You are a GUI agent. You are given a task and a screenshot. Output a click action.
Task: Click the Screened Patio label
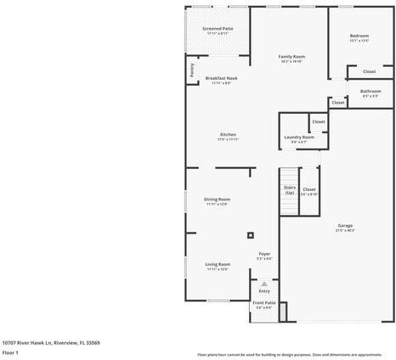pyautogui.click(x=218, y=29)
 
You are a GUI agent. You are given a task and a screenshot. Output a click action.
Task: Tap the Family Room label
pyautogui.click(x=291, y=57)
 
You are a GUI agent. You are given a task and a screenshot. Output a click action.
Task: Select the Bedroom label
pyautogui.click(x=359, y=36)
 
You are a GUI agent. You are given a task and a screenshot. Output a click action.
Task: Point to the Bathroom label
pyautogui.click(x=371, y=91)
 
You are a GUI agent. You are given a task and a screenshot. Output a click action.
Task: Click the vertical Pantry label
pyautogui.click(x=192, y=71)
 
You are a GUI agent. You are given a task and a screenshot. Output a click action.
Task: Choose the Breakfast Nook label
pyautogui.click(x=221, y=78)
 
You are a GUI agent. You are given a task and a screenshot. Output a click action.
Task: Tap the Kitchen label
pyautogui.click(x=228, y=134)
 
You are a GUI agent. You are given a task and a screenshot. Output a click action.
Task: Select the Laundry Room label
pyautogui.click(x=299, y=137)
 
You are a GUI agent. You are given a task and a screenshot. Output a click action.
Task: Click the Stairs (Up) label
pyautogui.click(x=289, y=189)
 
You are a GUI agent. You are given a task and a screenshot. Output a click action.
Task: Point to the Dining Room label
pyautogui.click(x=218, y=200)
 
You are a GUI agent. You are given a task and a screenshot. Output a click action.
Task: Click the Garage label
pyautogui.click(x=345, y=225)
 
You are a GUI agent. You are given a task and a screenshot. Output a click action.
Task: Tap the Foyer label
pyautogui.click(x=264, y=254)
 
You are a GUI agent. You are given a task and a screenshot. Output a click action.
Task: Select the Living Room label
pyautogui.click(x=218, y=265)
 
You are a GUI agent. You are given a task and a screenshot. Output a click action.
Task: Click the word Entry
pyautogui.click(x=264, y=290)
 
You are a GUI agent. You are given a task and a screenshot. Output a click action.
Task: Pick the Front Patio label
pyautogui.click(x=263, y=303)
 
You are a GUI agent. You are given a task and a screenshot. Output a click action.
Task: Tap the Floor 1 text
pyautogui.click(x=10, y=352)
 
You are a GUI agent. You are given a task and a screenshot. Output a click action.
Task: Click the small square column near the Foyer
pyautogui.click(x=250, y=235)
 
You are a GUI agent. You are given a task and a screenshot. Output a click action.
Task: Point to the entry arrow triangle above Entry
pyautogui.click(x=264, y=283)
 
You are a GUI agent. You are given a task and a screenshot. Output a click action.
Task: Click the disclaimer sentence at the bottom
pyautogui.click(x=289, y=354)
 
